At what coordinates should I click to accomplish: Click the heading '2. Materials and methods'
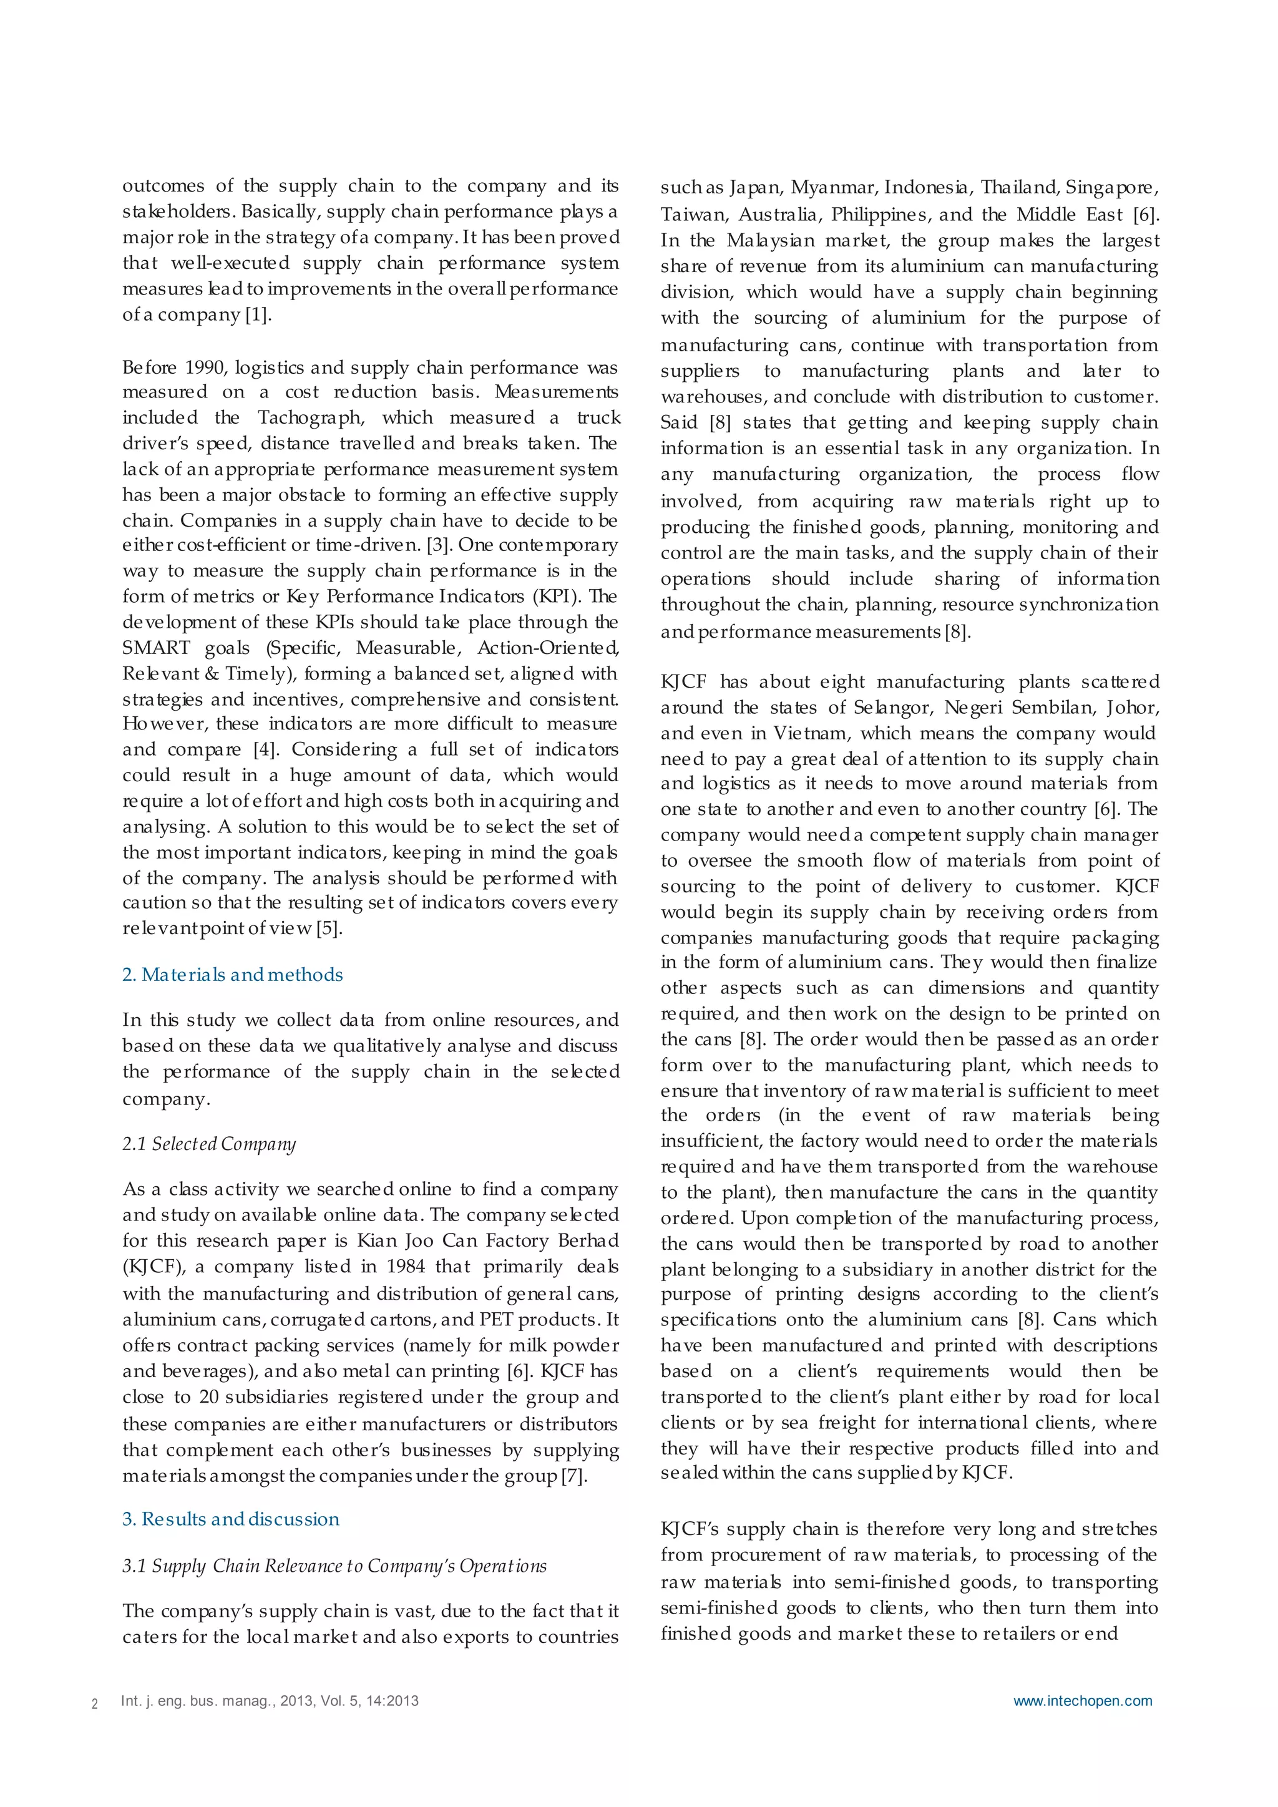pos(232,975)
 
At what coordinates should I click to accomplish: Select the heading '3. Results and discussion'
pos(230,1519)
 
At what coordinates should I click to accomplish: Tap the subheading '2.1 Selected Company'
pos(208,1144)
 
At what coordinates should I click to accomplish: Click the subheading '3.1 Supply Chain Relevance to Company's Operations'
pos(334,1566)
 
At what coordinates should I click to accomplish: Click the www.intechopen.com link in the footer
pos(1082,1701)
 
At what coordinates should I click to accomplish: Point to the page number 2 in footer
pos(94,1705)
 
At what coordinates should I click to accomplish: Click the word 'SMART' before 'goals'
pos(156,648)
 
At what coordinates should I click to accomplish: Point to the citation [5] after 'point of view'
pos(329,928)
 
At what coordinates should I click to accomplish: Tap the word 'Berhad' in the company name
pos(587,1240)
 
